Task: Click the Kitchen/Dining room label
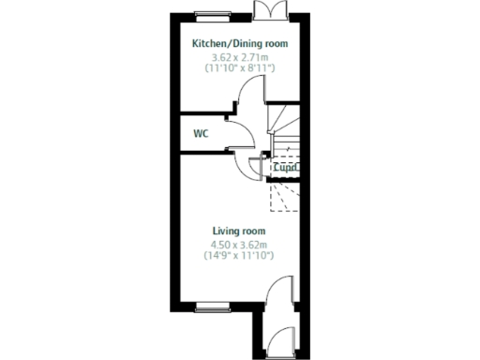[239, 44]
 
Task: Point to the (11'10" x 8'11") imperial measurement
[239, 68]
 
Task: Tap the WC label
[201, 133]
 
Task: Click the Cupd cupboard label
[285, 168]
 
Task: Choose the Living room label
[239, 231]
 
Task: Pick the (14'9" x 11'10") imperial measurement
[239, 255]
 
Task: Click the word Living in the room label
[226, 231]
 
